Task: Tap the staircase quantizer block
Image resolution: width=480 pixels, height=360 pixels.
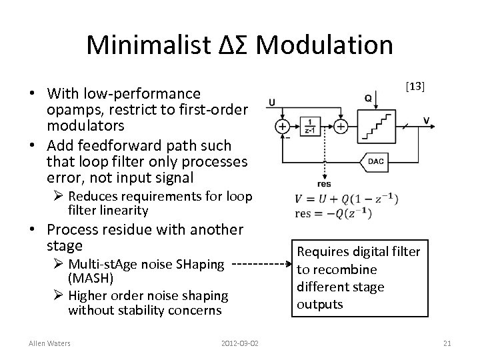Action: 375,125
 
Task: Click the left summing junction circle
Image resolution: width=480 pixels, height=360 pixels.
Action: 283,126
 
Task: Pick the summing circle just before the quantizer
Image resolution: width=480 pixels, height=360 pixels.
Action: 340,126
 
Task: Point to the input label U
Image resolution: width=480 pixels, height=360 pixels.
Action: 272,103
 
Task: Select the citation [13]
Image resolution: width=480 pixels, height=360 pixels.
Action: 415,87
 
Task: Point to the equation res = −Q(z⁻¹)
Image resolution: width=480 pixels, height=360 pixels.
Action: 333,213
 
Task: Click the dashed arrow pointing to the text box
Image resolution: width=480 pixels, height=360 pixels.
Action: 261,264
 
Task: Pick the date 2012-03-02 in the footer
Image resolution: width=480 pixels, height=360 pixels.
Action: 239,343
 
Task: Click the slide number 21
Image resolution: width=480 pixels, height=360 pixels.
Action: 447,343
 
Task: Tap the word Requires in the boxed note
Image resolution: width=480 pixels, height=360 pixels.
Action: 325,252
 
